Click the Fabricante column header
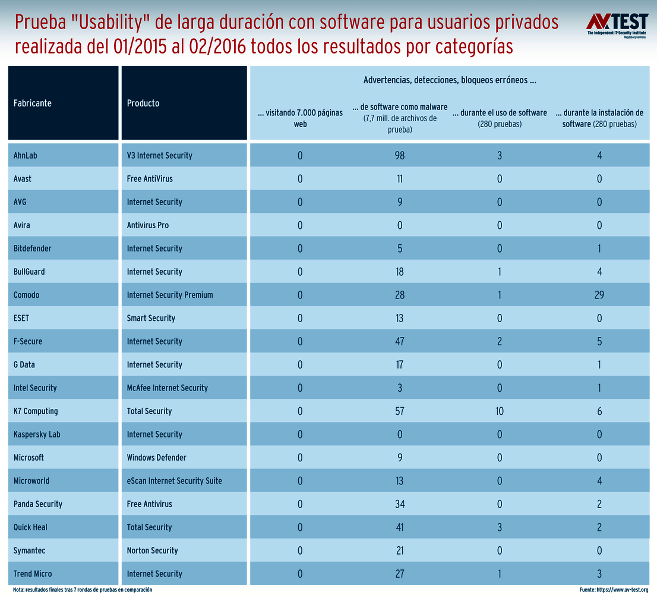[x=33, y=103]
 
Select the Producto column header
[x=143, y=103]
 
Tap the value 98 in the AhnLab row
[x=400, y=156]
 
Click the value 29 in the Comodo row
[x=599, y=295]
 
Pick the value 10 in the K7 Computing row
[x=500, y=411]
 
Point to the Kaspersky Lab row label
[x=37, y=435]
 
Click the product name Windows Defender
[x=156, y=458]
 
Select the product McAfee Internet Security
[x=167, y=388]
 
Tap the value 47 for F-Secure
[x=400, y=342]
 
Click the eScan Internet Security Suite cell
[x=174, y=481]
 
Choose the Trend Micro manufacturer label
[x=33, y=574]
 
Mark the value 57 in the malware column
[x=400, y=411]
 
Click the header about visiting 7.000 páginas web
[x=300, y=118]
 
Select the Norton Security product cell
[x=152, y=551]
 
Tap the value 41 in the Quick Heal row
[x=400, y=528]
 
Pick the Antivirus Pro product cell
[x=147, y=226]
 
